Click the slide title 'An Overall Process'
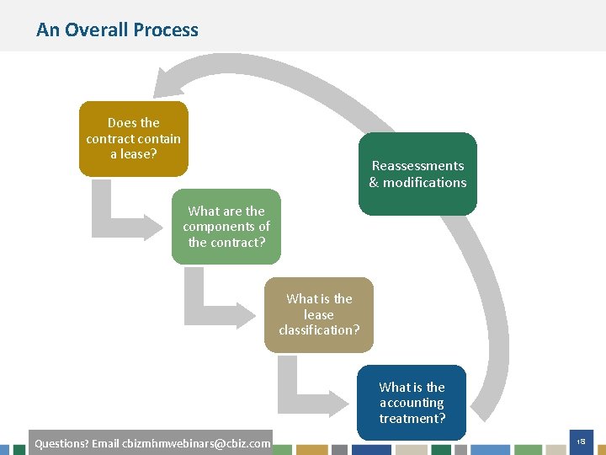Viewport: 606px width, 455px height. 117,29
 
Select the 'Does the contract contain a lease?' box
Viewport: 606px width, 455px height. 133,138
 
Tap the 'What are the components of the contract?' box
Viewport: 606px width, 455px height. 226,226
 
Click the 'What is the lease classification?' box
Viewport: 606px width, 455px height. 319,314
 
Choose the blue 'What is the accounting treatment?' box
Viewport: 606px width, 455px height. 412,402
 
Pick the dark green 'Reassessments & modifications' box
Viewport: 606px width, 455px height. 417,174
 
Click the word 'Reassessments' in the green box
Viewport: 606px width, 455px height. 417,166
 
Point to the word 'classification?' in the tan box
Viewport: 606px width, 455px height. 319,329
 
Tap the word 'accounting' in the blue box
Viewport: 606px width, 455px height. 412,403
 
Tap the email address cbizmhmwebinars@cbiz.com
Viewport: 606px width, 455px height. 196,443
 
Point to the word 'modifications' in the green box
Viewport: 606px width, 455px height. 424,182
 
